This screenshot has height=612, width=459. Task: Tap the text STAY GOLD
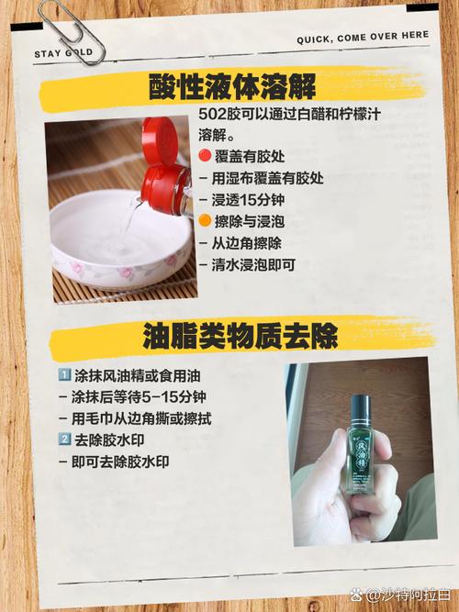pos(63,53)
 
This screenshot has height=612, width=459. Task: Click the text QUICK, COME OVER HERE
pos(363,38)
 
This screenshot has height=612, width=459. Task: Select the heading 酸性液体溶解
pos(232,86)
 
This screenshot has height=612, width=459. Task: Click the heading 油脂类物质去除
pos(240,336)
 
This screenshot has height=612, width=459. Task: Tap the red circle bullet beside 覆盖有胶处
pos(205,156)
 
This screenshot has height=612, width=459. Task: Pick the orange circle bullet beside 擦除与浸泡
pos(205,221)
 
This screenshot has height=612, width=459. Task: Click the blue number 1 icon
pos(63,375)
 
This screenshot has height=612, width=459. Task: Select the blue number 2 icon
pos(63,440)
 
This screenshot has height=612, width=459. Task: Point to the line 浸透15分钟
pos(241,200)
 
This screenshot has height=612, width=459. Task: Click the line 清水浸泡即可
pos(247,265)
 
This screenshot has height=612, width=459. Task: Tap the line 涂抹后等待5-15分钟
pos(132,397)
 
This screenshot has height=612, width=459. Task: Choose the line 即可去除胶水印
pos(114,462)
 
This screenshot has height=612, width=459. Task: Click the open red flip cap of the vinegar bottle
pos(159,139)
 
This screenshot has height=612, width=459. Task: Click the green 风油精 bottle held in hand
pos(359,445)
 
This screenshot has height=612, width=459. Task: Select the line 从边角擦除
pos(241,243)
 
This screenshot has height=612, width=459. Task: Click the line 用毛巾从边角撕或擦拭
pos(135,418)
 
